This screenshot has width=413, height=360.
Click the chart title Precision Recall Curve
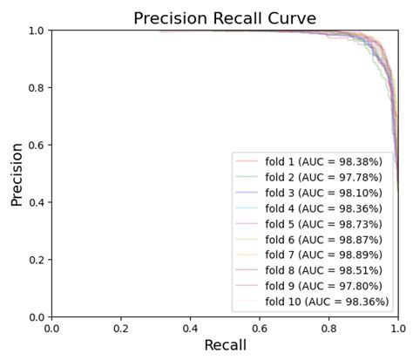(x=224, y=18)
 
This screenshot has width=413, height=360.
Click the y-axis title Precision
(x=17, y=174)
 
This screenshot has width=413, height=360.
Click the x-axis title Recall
(x=225, y=345)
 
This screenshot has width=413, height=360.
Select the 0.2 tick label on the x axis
(x=121, y=329)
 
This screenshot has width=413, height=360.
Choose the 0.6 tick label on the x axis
(x=260, y=329)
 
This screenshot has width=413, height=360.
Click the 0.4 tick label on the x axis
(x=190, y=329)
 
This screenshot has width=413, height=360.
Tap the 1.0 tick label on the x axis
(x=398, y=329)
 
